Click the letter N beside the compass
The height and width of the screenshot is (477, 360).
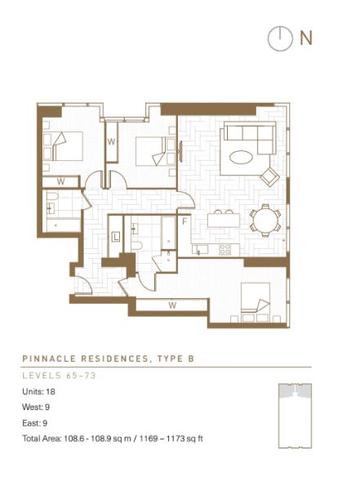pos(306,38)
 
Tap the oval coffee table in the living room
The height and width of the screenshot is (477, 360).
pos(241,158)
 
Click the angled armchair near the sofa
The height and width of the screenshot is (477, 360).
pos(270,176)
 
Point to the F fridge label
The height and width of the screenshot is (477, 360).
pos(184,222)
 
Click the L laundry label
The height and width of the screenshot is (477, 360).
pos(116,237)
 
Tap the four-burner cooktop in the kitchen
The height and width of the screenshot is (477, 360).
pos(225,249)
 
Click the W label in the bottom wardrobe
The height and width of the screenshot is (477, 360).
pos(172,305)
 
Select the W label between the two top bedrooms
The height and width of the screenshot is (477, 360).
pos(112,141)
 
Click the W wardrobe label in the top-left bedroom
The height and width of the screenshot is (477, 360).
pos(60,181)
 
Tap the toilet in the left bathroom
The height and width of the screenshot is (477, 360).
pos(52,197)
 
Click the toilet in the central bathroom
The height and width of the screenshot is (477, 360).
pos(137,245)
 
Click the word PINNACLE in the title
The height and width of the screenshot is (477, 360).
pos(49,359)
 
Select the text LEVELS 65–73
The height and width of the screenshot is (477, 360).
pos(60,376)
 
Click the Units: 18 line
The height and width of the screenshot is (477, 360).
pos(38,391)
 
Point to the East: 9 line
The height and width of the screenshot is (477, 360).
pos(34,423)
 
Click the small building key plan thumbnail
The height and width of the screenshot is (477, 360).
pos(295,416)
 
